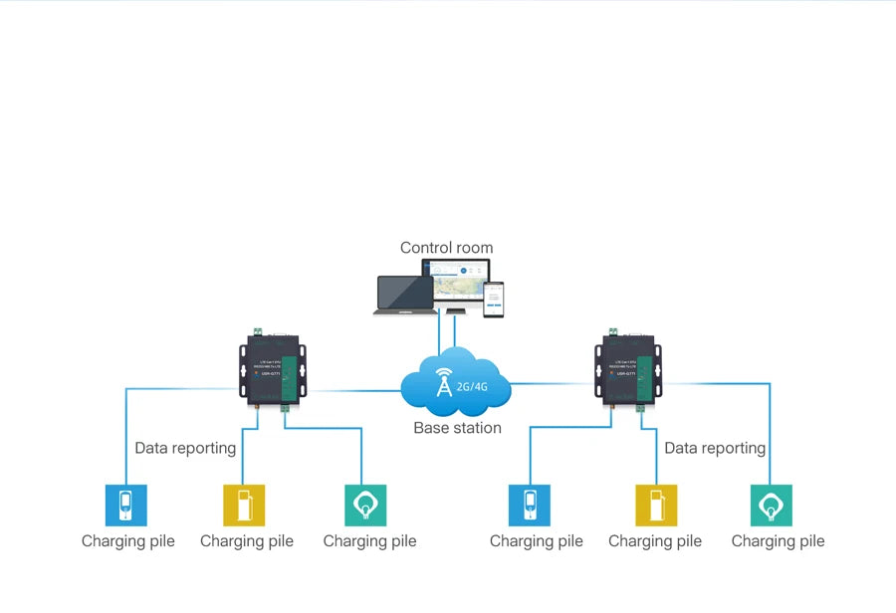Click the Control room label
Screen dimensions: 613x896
(x=446, y=248)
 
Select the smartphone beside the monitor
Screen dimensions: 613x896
(x=494, y=301)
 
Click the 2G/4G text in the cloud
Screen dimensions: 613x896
(x=472, y=385)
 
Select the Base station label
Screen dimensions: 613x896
(x=457, y=428)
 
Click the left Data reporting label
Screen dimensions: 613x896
(x=185, y=448)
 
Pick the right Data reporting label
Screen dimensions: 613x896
(x=715, y=448)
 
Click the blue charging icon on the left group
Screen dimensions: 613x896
(x=126, y=505)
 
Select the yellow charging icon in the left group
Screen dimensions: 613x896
(x=244, y=505)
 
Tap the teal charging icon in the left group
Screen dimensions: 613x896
(x=365, y=505)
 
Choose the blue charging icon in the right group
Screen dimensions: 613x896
(x=529, y=505)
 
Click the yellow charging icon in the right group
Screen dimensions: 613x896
(x=656, y=505)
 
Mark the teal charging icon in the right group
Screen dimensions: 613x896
(x=772, y=505)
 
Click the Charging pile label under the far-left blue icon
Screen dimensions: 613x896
(x=127, y=541)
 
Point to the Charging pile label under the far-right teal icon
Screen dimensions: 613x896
(x=778, y=541)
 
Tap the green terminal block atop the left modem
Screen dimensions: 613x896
(x=258, y=331)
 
